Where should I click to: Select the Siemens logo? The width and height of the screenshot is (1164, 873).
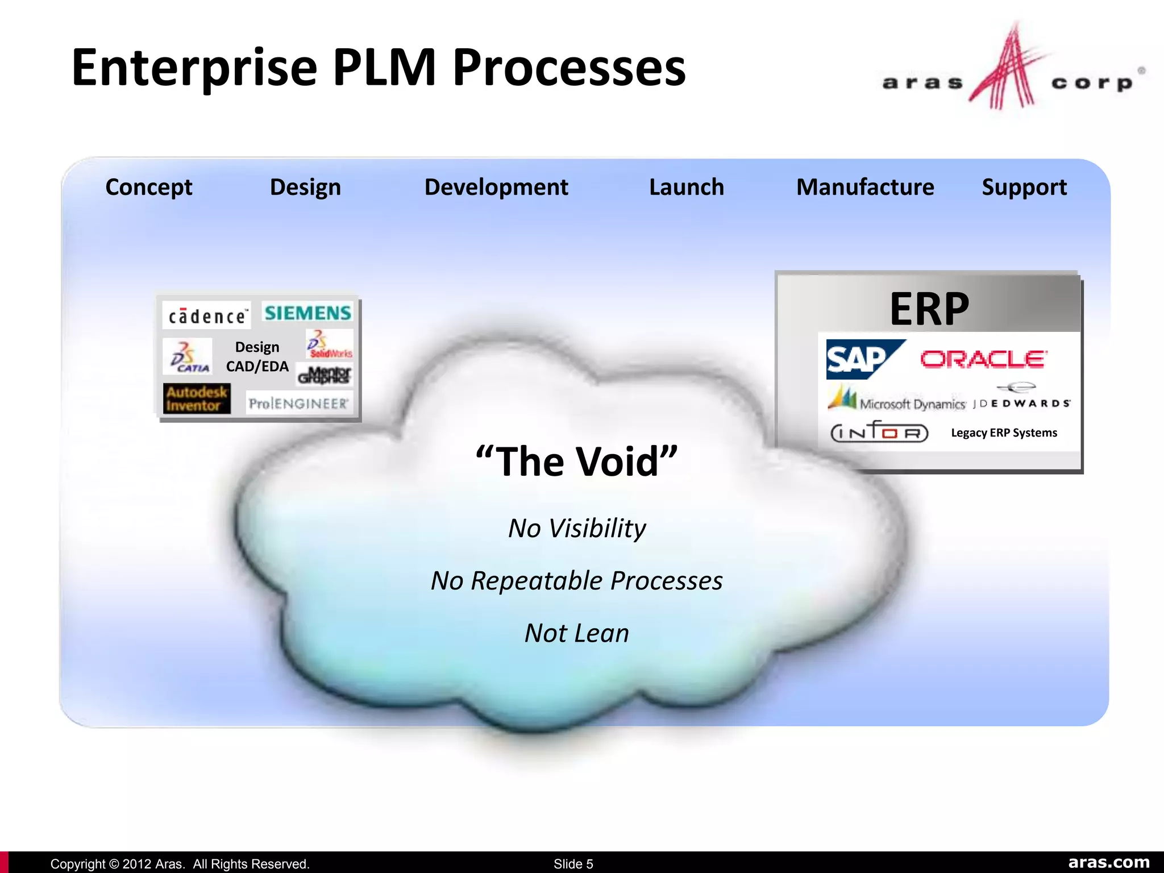click(x=307, y=313)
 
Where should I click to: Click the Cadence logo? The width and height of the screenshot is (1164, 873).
click(x=207, y=316)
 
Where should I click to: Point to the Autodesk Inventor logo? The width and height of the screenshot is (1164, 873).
click(x=196, y=398)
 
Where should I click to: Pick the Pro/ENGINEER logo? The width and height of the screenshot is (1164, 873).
click(x=299, y=404)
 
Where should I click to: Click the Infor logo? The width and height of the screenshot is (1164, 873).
click(x=879, y=433)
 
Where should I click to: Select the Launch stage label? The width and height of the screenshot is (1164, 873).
click(x=686, y=187)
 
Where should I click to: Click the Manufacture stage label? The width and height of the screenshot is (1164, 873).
click(x=864, y=187)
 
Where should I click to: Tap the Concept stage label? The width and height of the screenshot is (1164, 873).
click(x=149, y=187)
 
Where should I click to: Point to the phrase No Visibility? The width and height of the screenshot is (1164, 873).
click(x=576, y=528)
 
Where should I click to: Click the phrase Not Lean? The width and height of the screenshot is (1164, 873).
click(x=576, y=633)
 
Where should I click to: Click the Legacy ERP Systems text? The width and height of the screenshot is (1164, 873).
click(x=1004, y=433)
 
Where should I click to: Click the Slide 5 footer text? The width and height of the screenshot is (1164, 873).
click(x=573, y=864)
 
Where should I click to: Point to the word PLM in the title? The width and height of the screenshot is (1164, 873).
click(x=384, y=68)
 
